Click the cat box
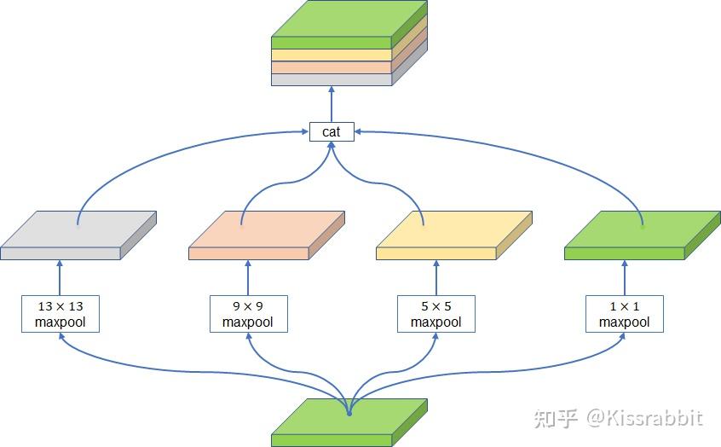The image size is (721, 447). (x=331, y=131)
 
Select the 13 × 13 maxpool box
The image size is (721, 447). (x=60, y=313)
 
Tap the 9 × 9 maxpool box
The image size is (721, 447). (x=248, y=313)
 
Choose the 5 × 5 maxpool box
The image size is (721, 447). (x=435, y=313)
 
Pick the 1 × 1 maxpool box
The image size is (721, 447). (x=624, y=313)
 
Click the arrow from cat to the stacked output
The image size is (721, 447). (x=331, y=104)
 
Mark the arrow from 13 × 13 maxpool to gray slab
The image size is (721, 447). (x=60, y=277)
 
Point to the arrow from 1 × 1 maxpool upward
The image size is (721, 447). (x=624, y=277)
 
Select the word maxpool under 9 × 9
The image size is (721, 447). (x=248, y=322)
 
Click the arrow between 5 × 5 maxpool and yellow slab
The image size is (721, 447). (x=435, y=277)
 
